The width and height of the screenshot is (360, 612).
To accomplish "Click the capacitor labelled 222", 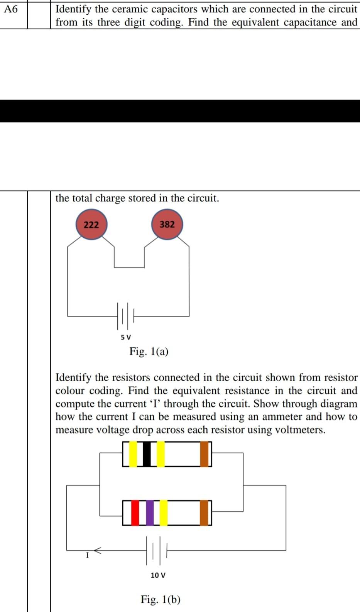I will [x=91, y=224].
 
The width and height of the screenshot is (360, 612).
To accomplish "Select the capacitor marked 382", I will [x=167, y=224].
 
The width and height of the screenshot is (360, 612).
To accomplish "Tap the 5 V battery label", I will [x=126, y=337].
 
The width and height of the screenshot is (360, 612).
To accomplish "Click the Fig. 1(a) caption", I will [x=149, y=352].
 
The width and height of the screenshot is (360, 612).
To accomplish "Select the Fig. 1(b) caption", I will [x=161, y=599].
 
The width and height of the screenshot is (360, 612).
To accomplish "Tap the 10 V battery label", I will [x=158, y=575].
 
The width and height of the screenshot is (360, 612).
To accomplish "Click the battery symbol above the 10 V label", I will [x=157, y=550].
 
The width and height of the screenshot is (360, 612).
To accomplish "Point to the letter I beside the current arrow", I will [x=87, y=556].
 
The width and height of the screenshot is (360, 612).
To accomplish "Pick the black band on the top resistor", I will [x=147, y=454].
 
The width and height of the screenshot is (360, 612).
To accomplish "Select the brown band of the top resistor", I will [x=205, y=454].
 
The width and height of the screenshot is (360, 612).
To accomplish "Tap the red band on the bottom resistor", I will [x=135, y=512].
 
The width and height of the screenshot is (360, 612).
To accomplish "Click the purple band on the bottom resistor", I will [x=150, y=512].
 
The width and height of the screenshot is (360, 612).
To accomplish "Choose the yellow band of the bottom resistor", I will [x=164, y=512].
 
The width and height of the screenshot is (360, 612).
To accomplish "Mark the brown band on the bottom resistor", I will [x=205, y=512].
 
